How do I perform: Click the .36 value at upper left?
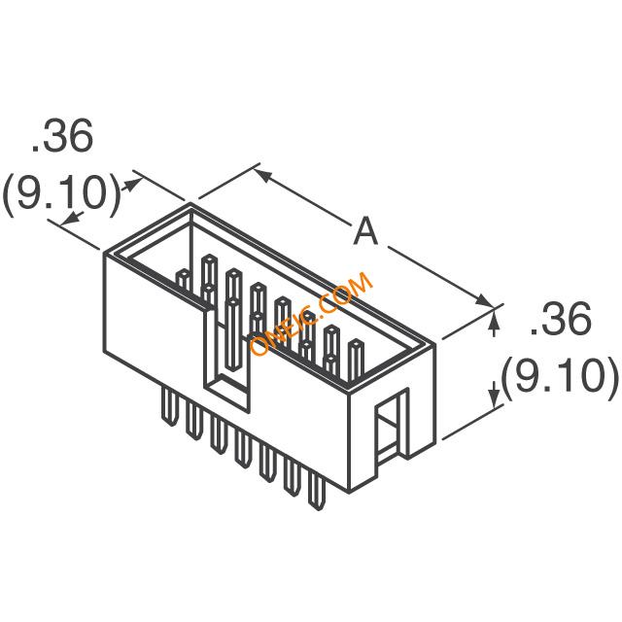(x=62, y=139)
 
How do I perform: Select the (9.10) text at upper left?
(x=60, y=195)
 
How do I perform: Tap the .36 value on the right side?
(x=560, y=320)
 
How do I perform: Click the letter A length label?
(x=365, y=231)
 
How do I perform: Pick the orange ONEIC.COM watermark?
(x=311, y=316)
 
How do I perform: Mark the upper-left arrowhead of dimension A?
(x=262, y=175)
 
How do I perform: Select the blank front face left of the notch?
(x=152, y=321)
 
